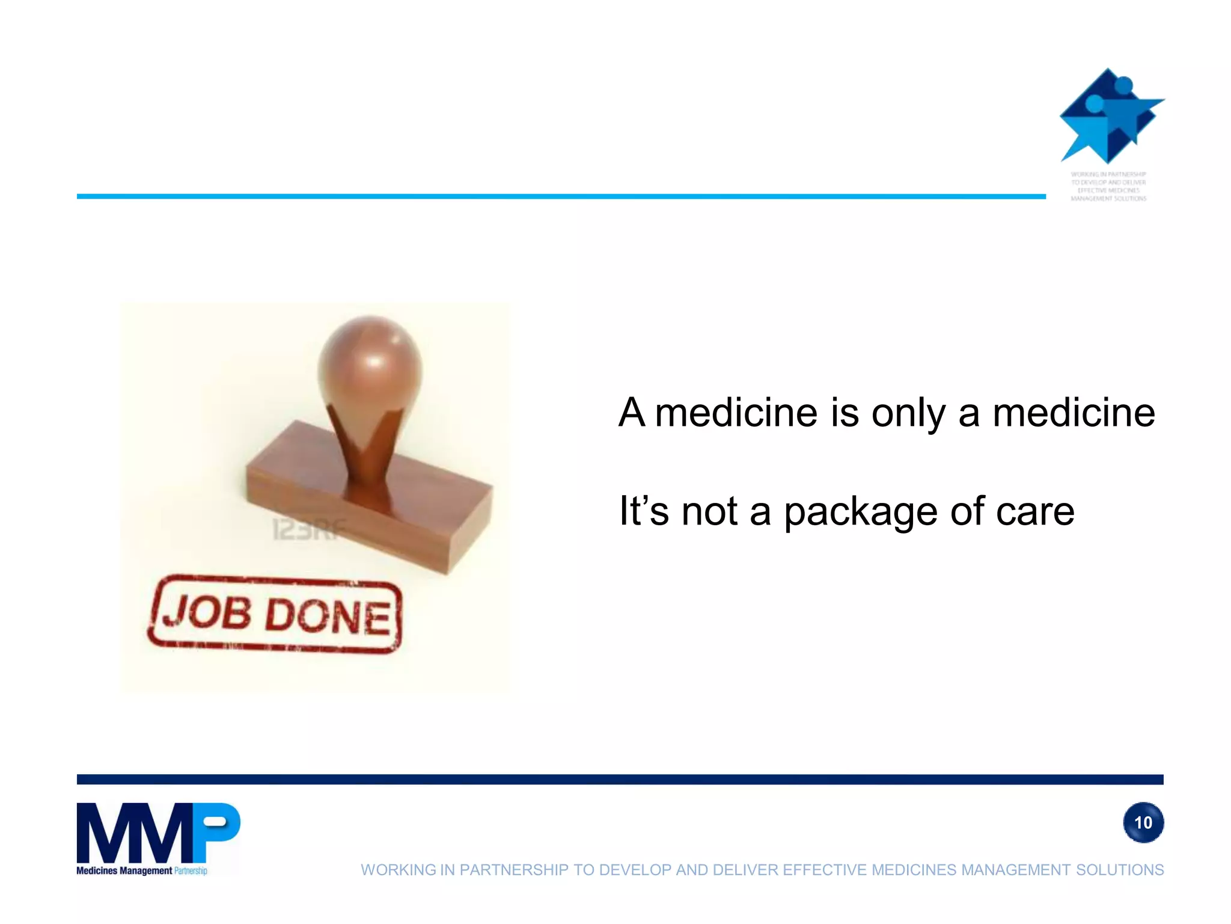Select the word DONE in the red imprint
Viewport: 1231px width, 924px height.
[328, 617]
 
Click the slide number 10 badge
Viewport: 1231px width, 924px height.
[1143, 822]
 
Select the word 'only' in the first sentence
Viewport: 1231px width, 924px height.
[908, 414]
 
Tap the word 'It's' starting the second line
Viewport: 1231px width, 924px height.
[644, 511]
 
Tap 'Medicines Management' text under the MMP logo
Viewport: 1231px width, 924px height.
[124, 870]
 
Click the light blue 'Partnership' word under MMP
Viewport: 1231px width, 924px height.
[191, 870]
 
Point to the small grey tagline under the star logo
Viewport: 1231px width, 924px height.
[1108, 186]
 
